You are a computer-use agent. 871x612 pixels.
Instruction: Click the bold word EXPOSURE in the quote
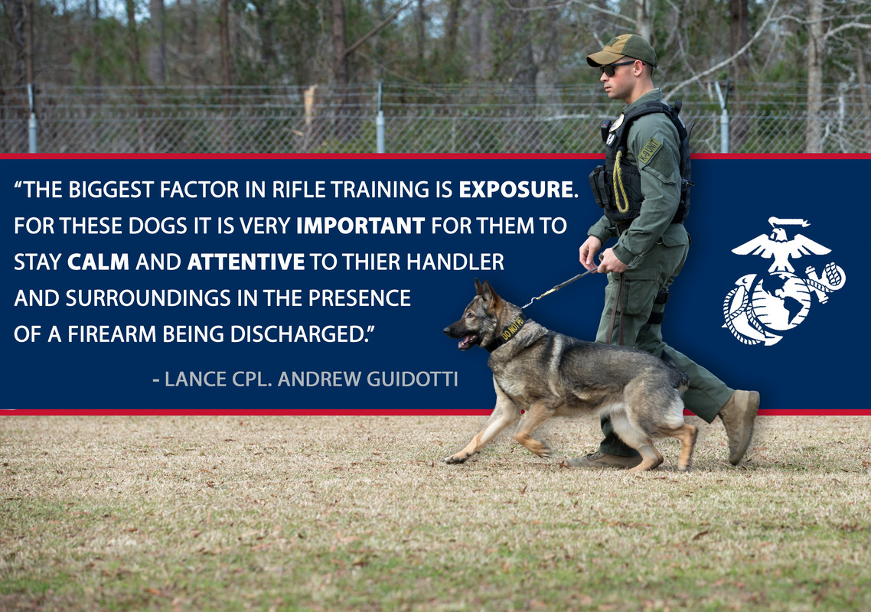pyautogui.click(x=515, y=190)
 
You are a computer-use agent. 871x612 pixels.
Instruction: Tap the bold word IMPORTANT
pyautogui.click(x=360, y=226)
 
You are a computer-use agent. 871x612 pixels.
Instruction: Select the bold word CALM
pyautogui.click(x=98, y=262)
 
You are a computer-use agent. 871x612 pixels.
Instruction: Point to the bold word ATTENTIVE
pyautogui.click(x=246, y=262)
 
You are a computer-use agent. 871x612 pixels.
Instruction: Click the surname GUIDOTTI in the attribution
pyautogui.click(x=413, y=379)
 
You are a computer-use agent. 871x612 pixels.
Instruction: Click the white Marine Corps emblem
pyautogui.click(x=782, y=282)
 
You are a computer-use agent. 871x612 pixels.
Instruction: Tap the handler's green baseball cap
pyautogui.click(x=623, y=50)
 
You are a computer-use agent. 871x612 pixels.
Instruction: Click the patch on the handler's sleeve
pyautogui.click(x=650, y=150)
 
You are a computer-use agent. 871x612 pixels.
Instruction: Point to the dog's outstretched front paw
pyautogui.click(x=457, y=459)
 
